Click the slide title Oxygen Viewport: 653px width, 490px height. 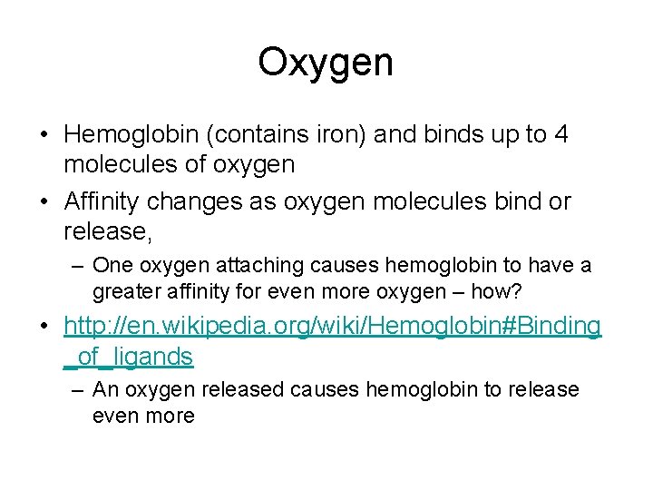pyautogui.click(x=326, y=63)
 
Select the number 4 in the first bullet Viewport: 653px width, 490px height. pyautogui.click(x=561, y=135)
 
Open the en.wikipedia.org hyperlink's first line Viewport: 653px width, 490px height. pyautogui.click(x=332, y=326)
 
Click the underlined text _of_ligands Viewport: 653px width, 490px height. pyautogui.click(x=129, y=357)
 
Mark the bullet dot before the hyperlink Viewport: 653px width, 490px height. pyautogui.click(x=44, y=326)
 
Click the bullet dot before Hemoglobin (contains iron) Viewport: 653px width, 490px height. pyautogui.click(x=44, y=135)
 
